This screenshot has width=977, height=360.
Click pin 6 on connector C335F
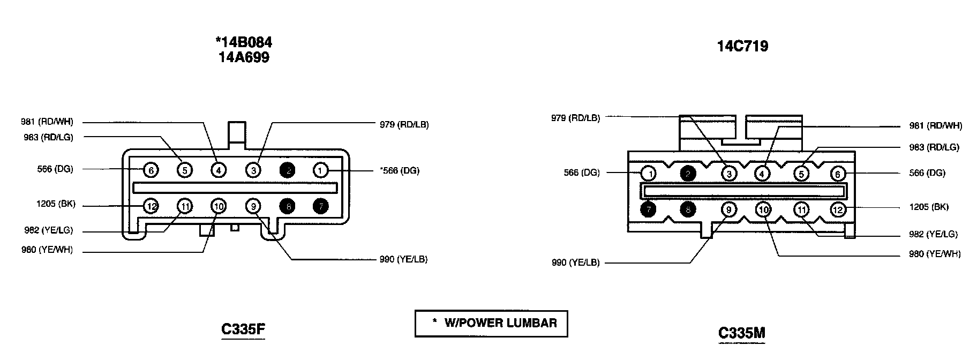point(151,170)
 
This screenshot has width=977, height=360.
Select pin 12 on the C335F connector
point(151,206)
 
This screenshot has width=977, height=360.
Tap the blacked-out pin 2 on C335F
point(287,170)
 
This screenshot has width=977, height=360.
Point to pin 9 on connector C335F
point(253,206)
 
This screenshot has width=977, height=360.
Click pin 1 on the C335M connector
point(649,174)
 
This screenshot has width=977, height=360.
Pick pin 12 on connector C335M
point(838,209)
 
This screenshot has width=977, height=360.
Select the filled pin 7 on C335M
point(649,209)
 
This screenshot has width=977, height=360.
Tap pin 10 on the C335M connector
point(763,209)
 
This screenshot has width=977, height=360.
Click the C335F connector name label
point(243,329)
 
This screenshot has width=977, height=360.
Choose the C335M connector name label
point(741,333)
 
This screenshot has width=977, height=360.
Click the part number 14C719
point(742,46)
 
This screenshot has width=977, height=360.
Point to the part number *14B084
point(244,42)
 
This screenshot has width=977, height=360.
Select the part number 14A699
point(244,57)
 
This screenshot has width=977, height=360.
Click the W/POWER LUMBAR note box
point(491,323)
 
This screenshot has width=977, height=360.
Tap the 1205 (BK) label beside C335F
point(56,204)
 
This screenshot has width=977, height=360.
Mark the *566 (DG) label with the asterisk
point(399,171)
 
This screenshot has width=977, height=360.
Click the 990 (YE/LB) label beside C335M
point(575,262)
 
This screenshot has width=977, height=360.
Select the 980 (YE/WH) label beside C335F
point(47,250)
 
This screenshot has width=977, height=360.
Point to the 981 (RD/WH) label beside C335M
point(935,126)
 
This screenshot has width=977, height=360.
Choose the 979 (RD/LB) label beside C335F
point(404,125)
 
